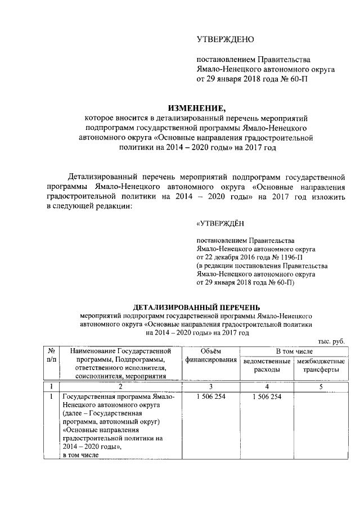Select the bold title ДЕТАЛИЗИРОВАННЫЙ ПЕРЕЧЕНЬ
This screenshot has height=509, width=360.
[x=196, y=307]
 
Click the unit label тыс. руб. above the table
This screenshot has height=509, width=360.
[x=331, y=342]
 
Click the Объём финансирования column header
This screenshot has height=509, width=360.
[x=210, y=355]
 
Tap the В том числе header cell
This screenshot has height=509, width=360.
[x=292, y=351]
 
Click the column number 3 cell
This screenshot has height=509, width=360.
[x=210, y=386]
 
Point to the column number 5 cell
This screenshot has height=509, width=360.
[x=319, y=386]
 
